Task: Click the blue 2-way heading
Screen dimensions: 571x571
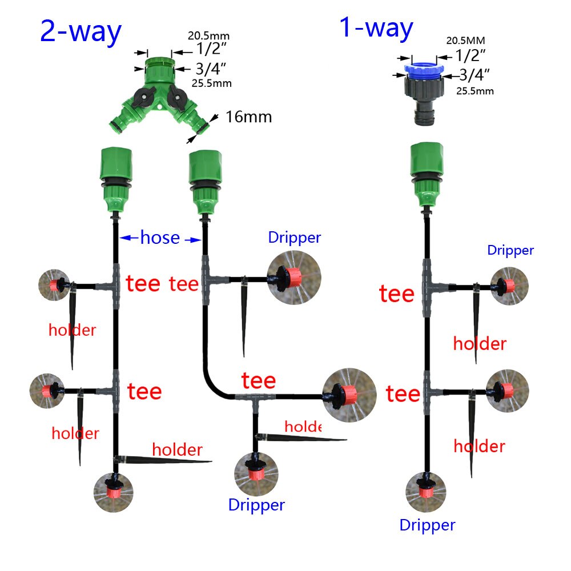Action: pyautogui.click(x=81, y=32)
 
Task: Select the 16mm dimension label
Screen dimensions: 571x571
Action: pyautogui.click(x=248, y=117)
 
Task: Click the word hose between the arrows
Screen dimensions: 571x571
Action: pyautogui.click(x=160, y=238)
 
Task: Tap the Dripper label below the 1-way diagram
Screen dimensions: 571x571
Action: pyautogui.click(x=427, y=525)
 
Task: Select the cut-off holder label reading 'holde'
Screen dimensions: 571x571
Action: pyautogui.click(x=303, y=427)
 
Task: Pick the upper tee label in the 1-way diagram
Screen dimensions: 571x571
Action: pyautogui.click(x=396, y=294)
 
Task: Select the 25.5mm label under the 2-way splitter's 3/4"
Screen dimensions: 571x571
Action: pyautogui.click(x=211, y=83)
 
